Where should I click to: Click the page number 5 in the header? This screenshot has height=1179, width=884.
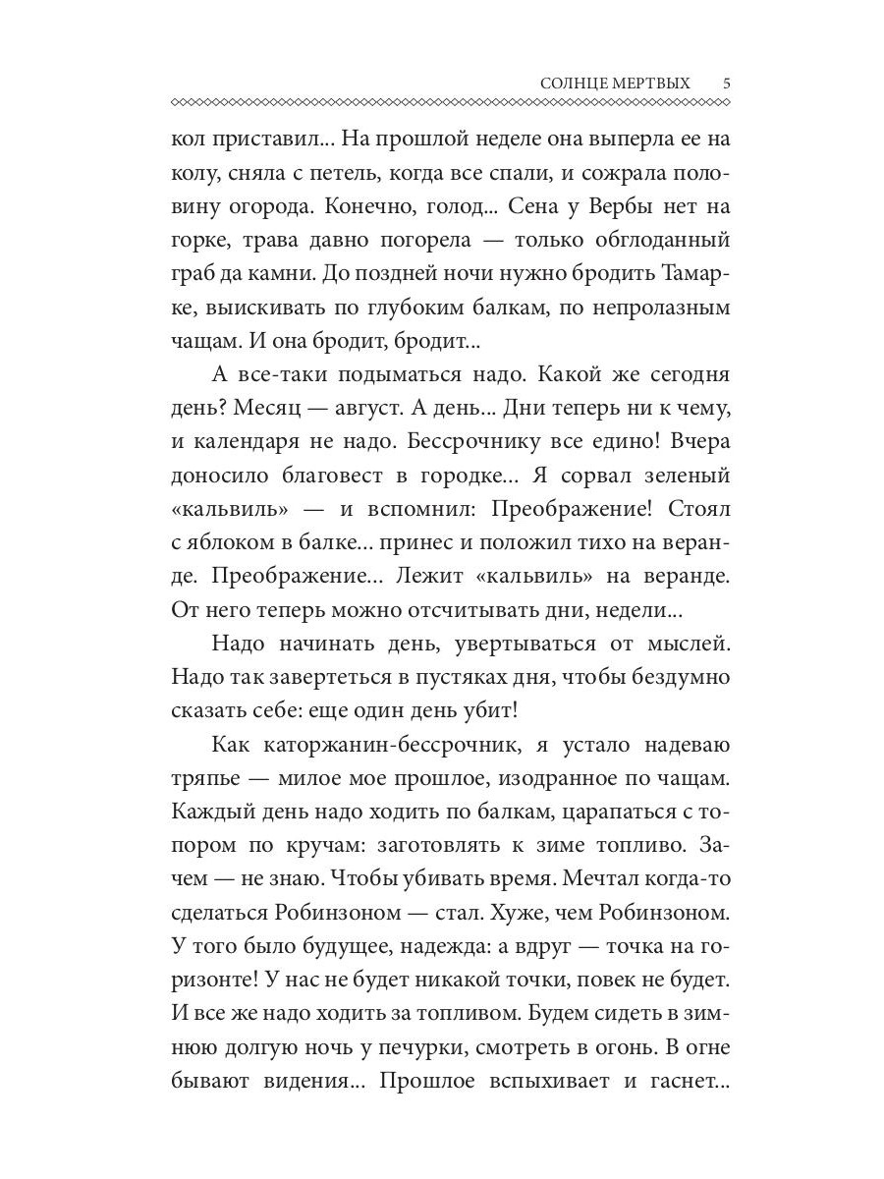[x=726, y=84]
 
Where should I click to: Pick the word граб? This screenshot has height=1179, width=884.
[x=193, y=274]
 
